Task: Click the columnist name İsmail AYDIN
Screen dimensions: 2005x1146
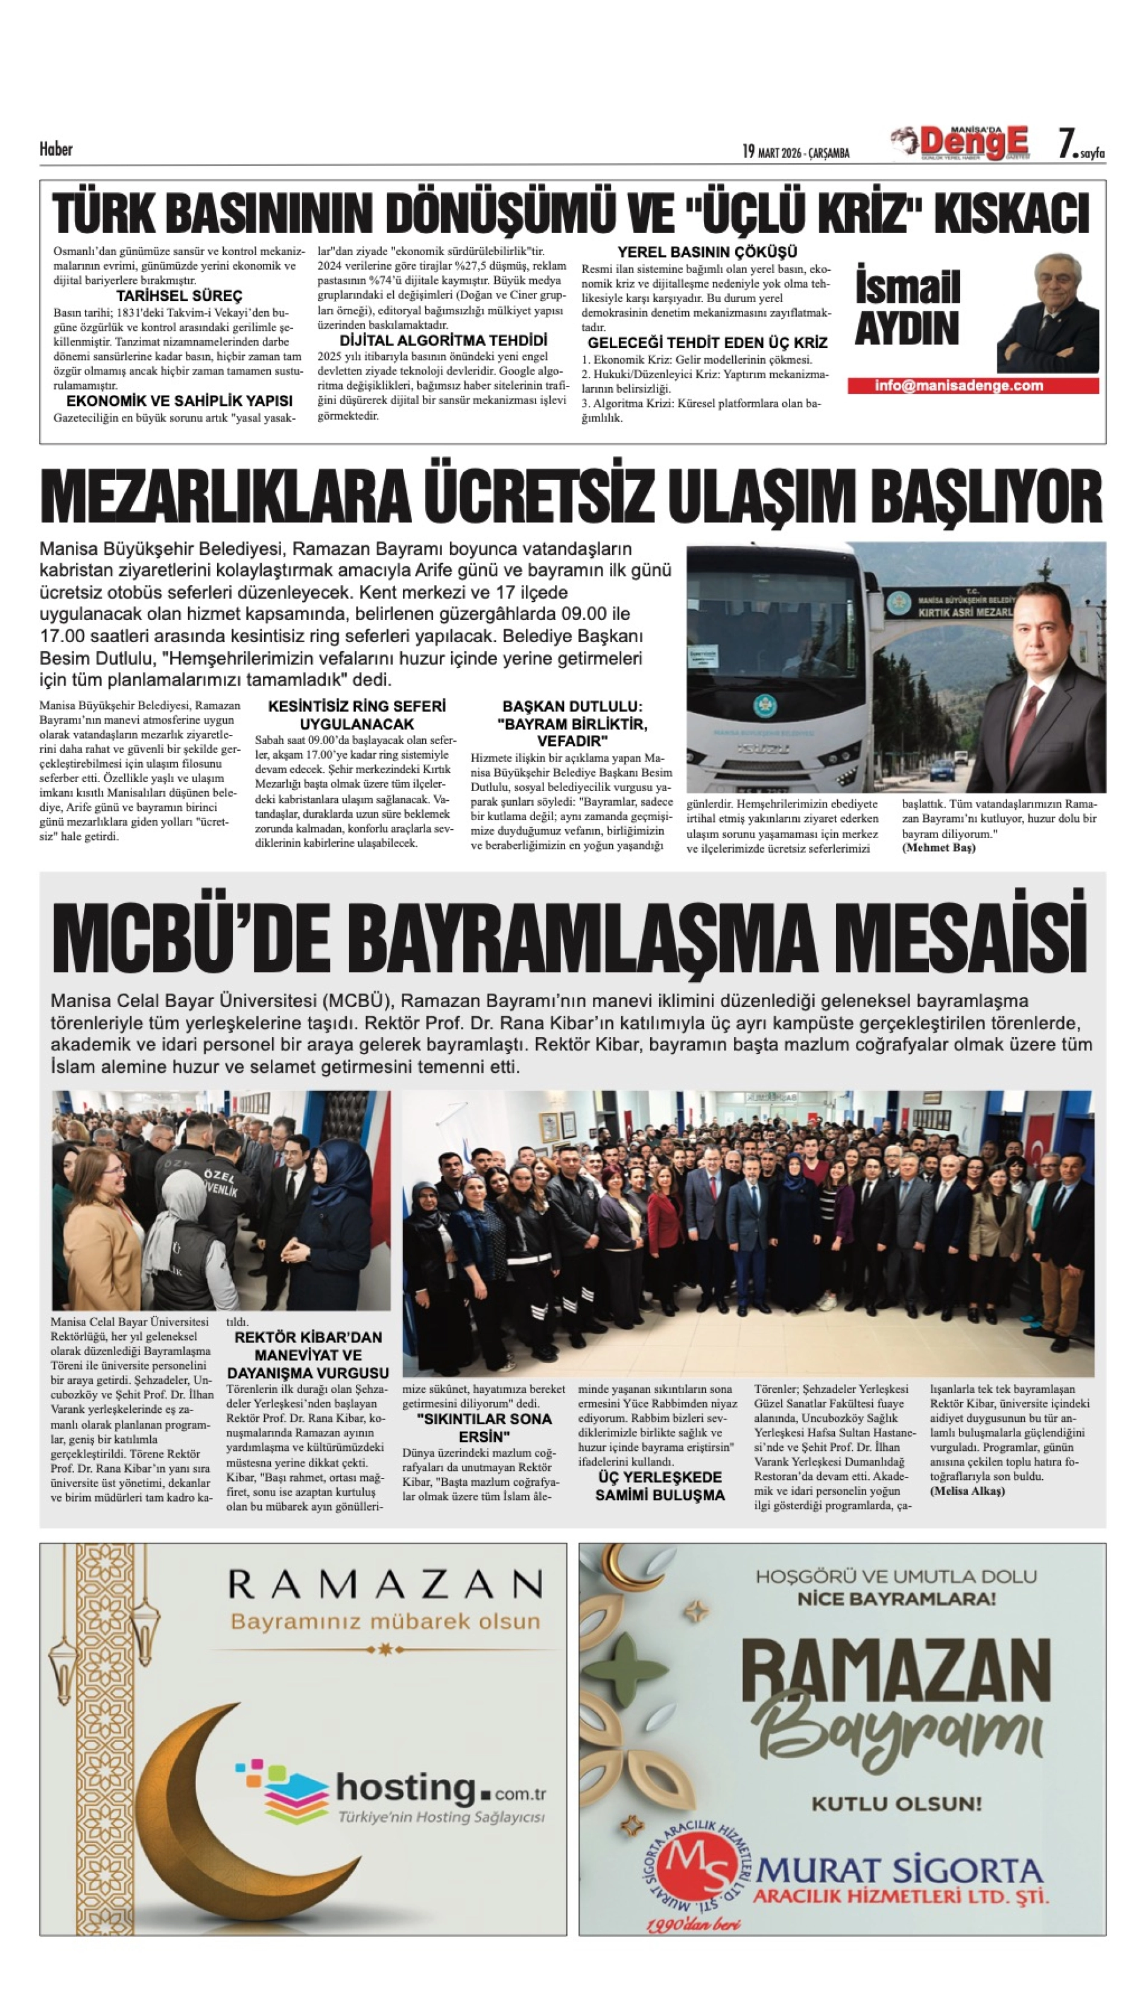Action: (908, 308)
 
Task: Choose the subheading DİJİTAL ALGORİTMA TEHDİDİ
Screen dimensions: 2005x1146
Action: (443, 341)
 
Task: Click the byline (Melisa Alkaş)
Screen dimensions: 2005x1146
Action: (967, 1491)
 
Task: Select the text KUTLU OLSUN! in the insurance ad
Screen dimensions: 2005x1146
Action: (896, 1803)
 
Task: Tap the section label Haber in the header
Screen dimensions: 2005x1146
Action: (56, 149)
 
